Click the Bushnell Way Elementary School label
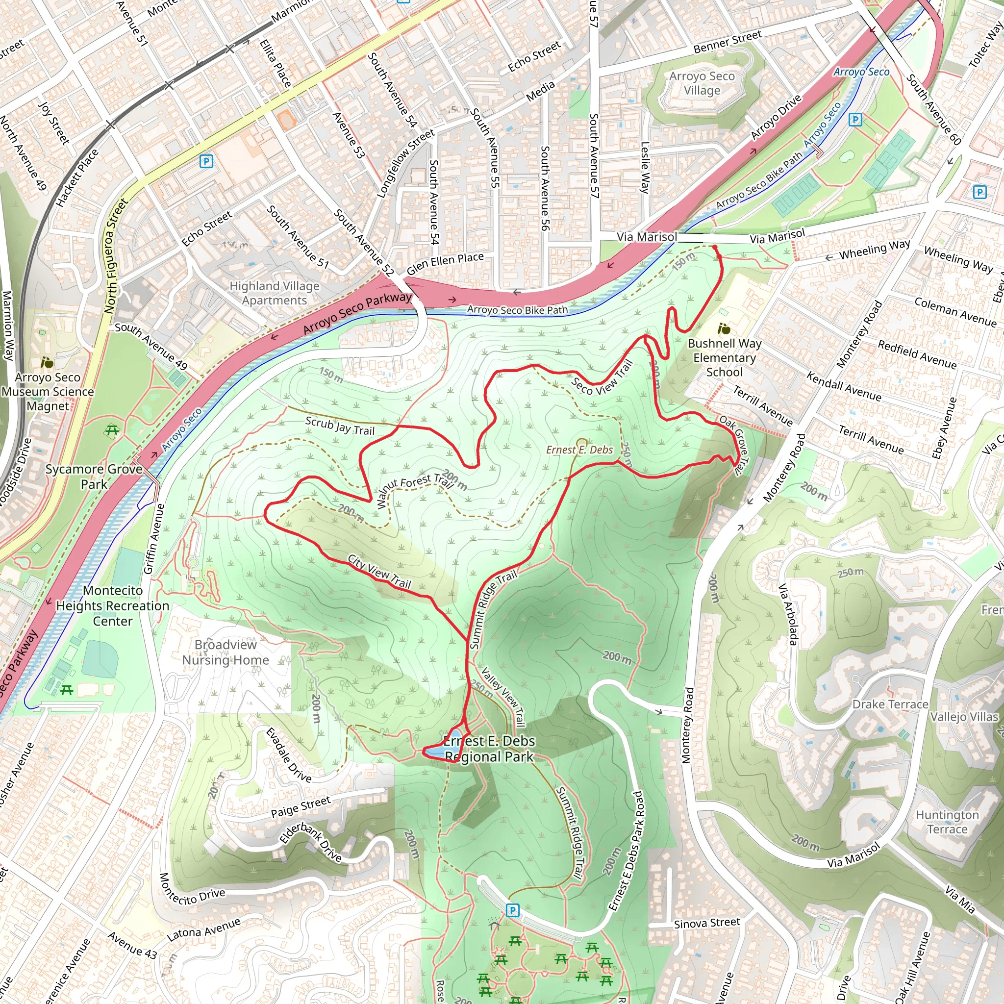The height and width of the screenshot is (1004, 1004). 725,357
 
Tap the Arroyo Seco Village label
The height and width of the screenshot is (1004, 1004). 702,83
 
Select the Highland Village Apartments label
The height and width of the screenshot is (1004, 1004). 275,293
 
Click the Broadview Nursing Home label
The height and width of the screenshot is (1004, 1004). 226,652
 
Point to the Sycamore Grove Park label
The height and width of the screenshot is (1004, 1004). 94,477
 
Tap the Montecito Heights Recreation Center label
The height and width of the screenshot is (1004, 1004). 113,606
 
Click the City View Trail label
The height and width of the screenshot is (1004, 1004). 379,572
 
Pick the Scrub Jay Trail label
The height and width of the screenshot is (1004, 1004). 340,426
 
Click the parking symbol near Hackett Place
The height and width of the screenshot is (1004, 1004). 206,162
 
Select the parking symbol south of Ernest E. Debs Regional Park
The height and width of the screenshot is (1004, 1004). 512,910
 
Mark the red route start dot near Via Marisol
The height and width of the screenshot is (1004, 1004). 715,248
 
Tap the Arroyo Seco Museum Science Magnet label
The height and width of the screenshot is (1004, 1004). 48,392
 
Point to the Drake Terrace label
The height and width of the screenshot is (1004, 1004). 890,704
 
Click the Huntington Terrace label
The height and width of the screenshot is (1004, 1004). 947,822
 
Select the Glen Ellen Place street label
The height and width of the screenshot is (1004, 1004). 445,263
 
